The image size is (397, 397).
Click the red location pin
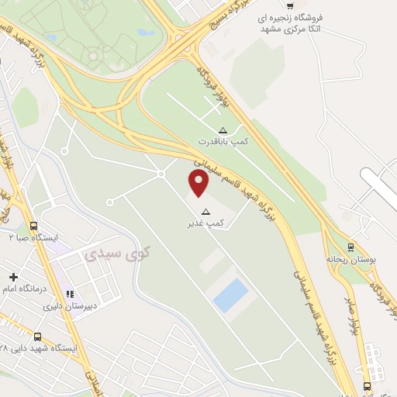[199, 183]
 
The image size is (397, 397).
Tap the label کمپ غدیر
[205, 223]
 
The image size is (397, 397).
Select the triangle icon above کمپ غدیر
[205, 212]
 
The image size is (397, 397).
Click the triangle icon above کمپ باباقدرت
[223, 129]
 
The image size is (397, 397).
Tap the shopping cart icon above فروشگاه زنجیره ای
[290, 5]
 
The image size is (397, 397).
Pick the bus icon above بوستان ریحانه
[350, 247]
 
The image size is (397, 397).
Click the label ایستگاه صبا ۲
[31, 237]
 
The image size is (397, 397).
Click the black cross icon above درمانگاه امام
[13, 277]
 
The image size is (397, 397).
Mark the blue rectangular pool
[231, 295]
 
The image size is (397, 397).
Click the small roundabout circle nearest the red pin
[161, 174]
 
